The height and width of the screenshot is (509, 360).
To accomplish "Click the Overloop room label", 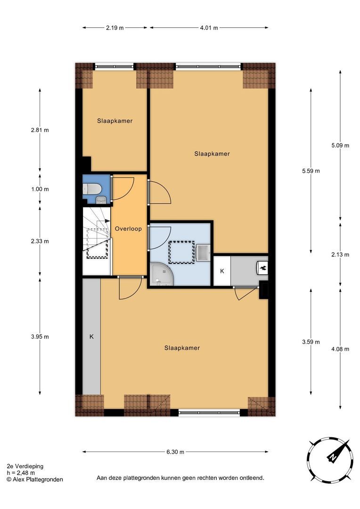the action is [x=128, y=229].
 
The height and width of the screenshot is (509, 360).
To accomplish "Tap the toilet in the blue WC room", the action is [x=92, y=189].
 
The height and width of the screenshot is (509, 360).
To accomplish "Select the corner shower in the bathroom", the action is [x=162, y=274].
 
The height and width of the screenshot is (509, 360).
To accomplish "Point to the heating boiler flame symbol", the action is [x=263, y=268].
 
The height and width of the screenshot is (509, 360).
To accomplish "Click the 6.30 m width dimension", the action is [x=175, y=452].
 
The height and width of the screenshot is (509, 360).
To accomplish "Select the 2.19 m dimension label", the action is [x=115, y=28].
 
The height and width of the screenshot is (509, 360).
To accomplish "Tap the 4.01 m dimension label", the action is [x=209, y=28].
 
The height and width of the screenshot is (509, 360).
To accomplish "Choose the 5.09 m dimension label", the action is [x=340, y=146].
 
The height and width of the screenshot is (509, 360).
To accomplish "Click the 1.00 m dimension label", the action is [x=40, y=189].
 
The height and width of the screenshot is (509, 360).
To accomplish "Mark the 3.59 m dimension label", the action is [x=311, y=342].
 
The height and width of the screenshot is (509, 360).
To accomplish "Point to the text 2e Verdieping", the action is [x=25, y=467].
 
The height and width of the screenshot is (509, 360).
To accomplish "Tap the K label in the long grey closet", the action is [x=91, y=337].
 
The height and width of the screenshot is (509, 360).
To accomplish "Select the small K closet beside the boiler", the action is [x=222, y=271].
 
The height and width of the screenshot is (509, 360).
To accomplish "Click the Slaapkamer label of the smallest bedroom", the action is [x=115, y=121].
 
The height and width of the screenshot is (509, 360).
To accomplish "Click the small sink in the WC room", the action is [x=101, y=200].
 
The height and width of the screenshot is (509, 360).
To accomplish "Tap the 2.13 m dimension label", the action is [x=340, y=255].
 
